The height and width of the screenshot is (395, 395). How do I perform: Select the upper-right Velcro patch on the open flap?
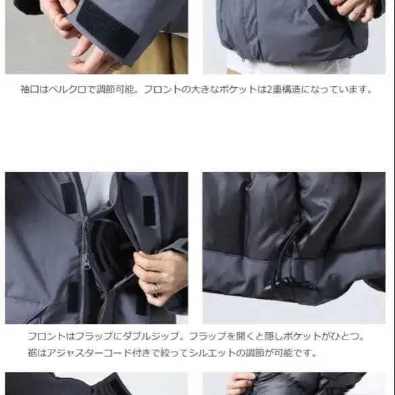pyautogui.click(x=149, y=210)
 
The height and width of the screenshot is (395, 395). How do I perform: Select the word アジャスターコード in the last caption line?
pyautogui.click(x=84, y=352)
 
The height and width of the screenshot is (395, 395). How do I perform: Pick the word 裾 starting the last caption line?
pyautogui.click(x=32, y=352)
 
